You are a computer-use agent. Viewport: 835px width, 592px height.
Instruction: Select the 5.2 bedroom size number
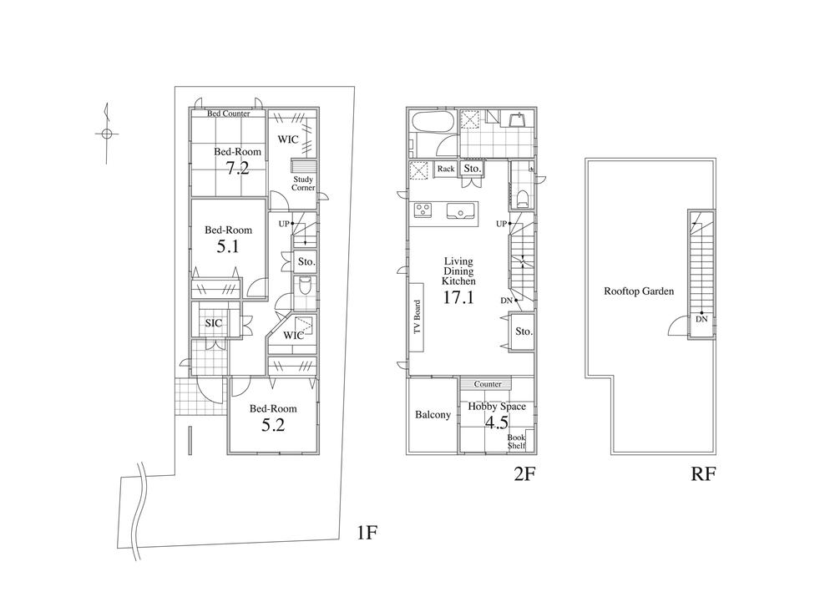tap(273, 425)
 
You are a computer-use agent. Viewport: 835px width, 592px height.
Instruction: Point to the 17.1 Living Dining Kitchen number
tap(458, 296)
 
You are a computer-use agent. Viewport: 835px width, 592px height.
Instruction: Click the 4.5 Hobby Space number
tap(497, 422)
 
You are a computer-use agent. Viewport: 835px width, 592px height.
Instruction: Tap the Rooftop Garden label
tap(639, 291)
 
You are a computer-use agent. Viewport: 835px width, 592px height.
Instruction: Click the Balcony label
tap(433, 415)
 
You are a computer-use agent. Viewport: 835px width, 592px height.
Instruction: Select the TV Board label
tap(418, 317)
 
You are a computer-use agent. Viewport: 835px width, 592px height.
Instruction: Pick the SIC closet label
tap(213, 323)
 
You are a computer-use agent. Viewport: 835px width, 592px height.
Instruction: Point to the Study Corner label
tap(303, 183)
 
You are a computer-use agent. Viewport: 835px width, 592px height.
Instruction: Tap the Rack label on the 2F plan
tap(446, 169)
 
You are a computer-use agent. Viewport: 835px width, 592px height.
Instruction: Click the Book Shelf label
tap(517, 442)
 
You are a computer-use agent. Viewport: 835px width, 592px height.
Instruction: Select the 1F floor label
tap(367, 532)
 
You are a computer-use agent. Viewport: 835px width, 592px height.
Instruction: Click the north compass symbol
tap(105, 132)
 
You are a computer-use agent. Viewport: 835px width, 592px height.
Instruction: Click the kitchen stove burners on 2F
tap(423, 210)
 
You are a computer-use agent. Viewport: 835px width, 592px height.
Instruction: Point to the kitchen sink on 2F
tap(459, 210)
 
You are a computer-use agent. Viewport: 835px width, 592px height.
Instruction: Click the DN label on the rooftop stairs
tap(701, 319)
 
